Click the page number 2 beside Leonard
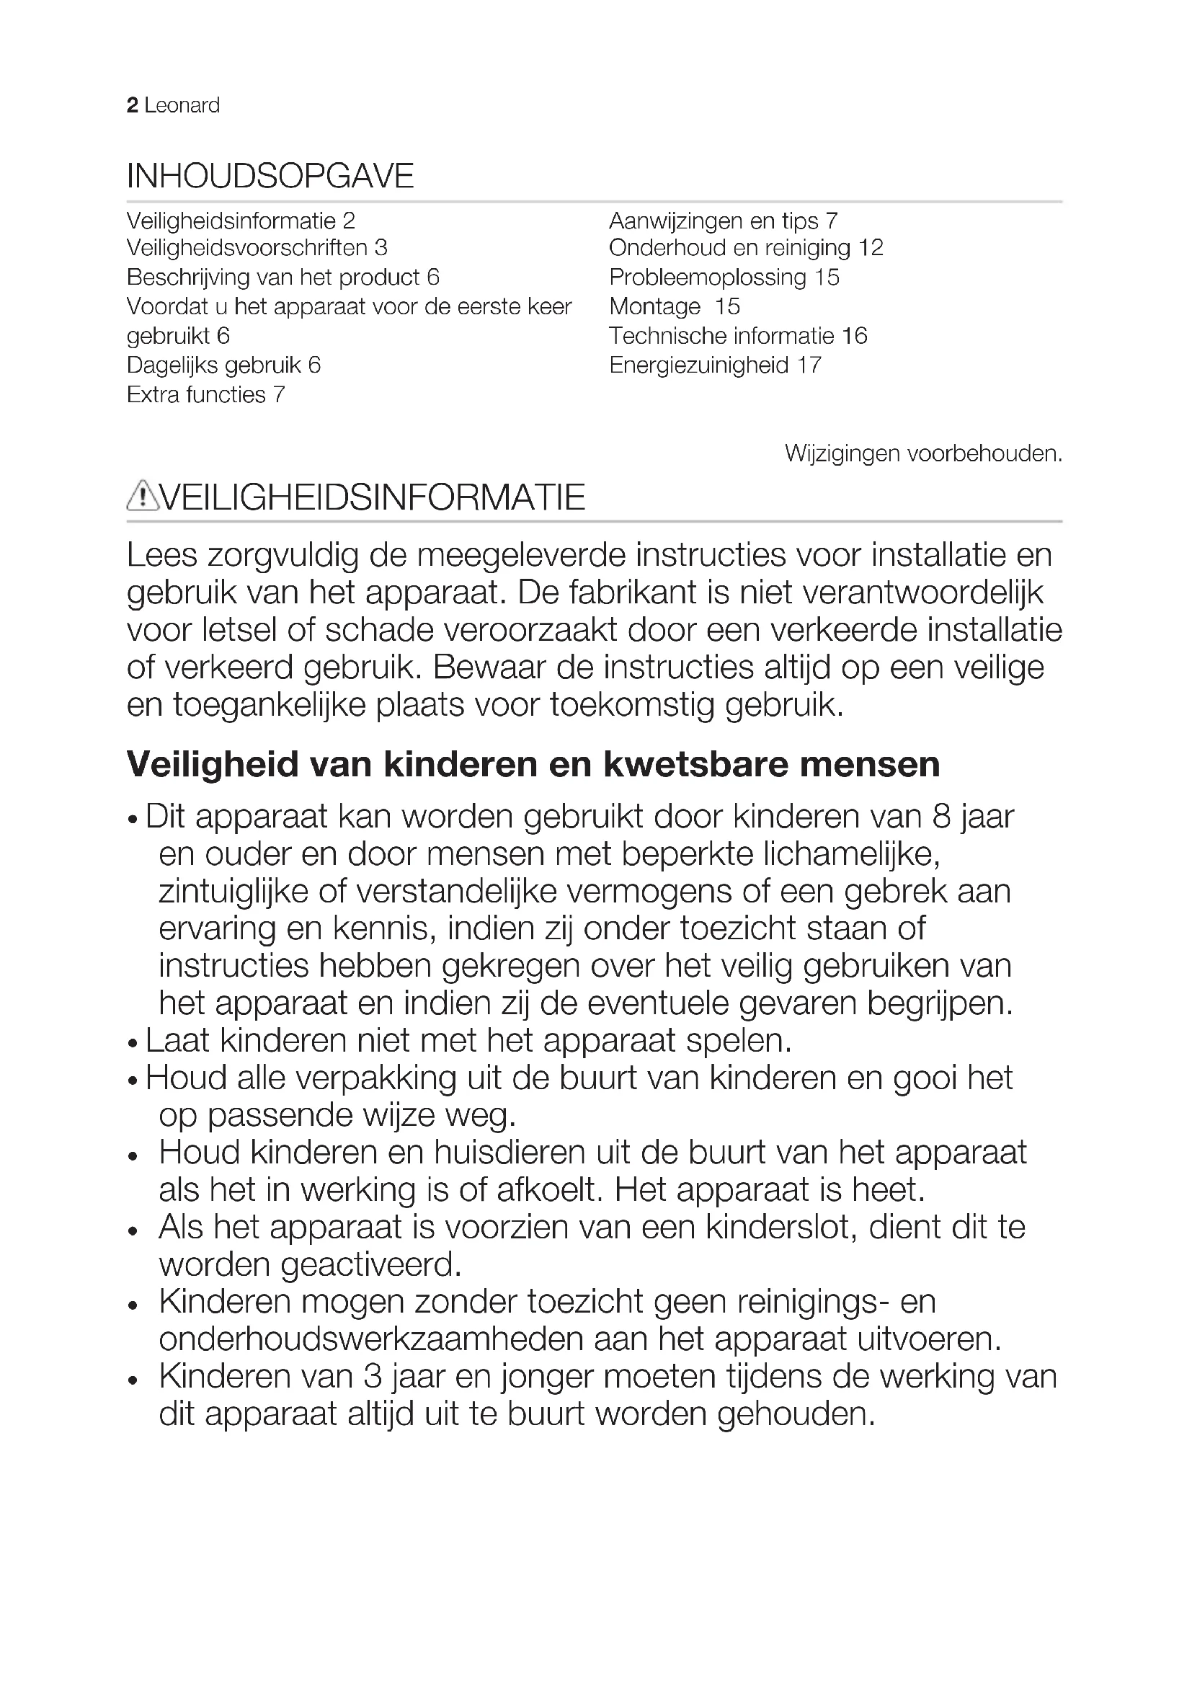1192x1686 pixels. tap(132, 106)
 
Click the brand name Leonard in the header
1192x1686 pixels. tap(182, 106)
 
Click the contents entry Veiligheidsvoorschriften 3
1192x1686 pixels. tap(257, 248)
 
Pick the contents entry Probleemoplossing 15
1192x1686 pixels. tap(724, 278)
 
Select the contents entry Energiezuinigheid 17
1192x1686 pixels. tap(715, 365)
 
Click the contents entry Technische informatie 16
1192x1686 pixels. tap(738, 337)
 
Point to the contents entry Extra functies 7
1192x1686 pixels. tap(205, 395)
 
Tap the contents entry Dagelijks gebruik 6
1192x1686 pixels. tap(223, 365)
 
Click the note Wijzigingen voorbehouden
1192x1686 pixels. tap(922, 454)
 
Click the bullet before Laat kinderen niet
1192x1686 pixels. tap(133, 1044)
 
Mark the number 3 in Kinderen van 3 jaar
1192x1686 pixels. tap(373, 1377)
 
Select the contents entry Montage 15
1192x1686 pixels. tap(674, 307)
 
